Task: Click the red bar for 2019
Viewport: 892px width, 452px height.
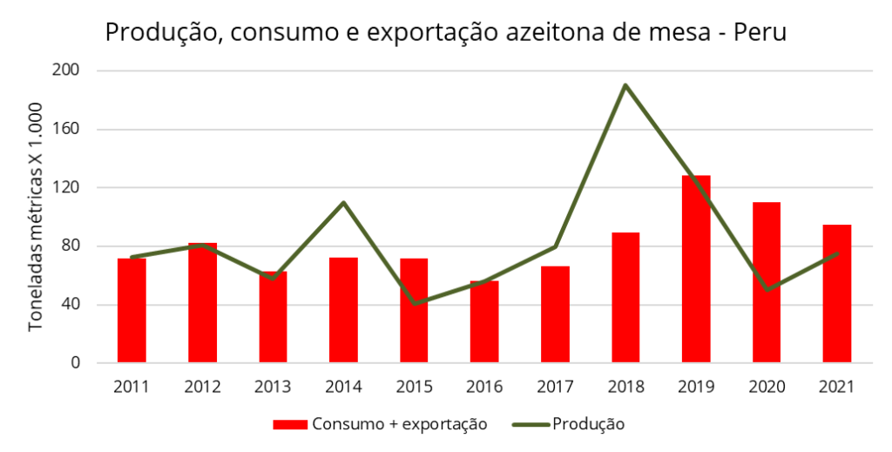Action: point(696,269)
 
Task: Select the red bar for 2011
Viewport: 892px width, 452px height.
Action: point(132,310)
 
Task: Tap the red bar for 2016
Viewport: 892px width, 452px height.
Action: point(484,321)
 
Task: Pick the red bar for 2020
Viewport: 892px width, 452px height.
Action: point(767,282)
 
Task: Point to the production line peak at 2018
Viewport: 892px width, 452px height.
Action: point(625,85)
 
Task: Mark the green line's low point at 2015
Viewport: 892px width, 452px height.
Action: point(414,303)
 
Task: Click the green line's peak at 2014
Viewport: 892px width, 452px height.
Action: point(343,202)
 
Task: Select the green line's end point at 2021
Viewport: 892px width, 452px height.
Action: point(837,253)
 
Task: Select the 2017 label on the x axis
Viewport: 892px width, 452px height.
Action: point(555,386)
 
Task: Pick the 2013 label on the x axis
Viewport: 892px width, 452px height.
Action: point(273,386)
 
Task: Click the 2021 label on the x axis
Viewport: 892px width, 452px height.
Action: point(837,386)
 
